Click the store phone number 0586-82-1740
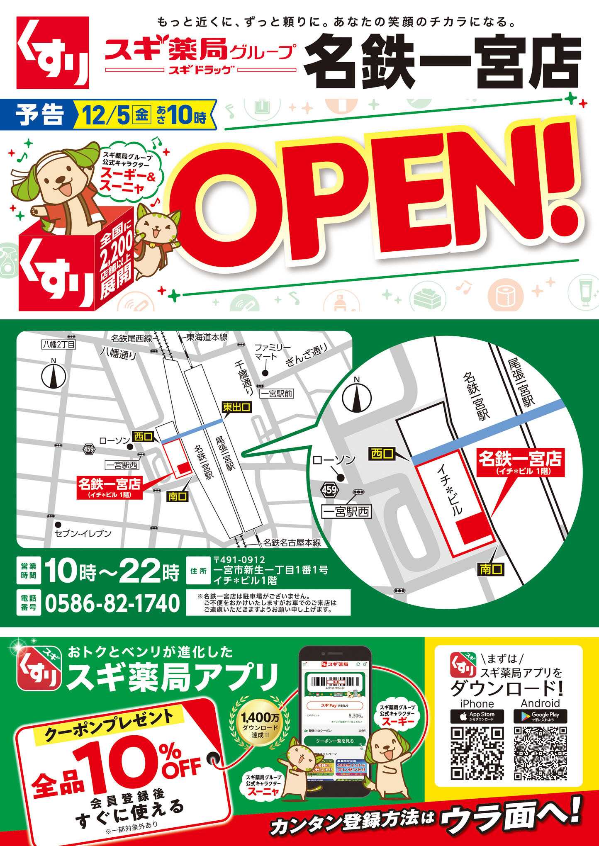112,603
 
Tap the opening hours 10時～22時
112,573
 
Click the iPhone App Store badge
477,717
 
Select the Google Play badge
540,717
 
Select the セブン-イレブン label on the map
83,534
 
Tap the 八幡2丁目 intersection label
58,344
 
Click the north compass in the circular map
356,396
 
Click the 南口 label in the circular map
491,569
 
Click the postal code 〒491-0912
239,561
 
